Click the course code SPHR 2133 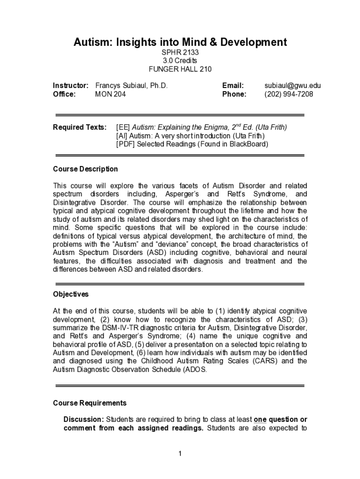click(x=180, y=52)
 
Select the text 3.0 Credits click(x=180, y=60)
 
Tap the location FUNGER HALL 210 click(x=180, y=69)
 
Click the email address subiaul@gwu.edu click(x=293, y=86)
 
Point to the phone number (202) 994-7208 click(x=289, y=94)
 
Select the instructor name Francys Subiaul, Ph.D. click(x=131, y=86)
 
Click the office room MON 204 click(x=110, y=94)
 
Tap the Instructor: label click(x=71, y=86)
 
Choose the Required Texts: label click(x=79, y=127)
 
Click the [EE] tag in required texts click(x=123, y=127)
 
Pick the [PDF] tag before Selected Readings click(x=125, y=144)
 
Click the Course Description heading click(x=85, y=169)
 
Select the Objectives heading click(x=71, y=294)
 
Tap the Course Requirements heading click(x=90, y=403)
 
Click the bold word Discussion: click(x=84, y=419)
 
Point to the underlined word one click(x=260, y=419)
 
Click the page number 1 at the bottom click(x=180, y=454)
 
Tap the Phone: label click(x=234, y=94)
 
